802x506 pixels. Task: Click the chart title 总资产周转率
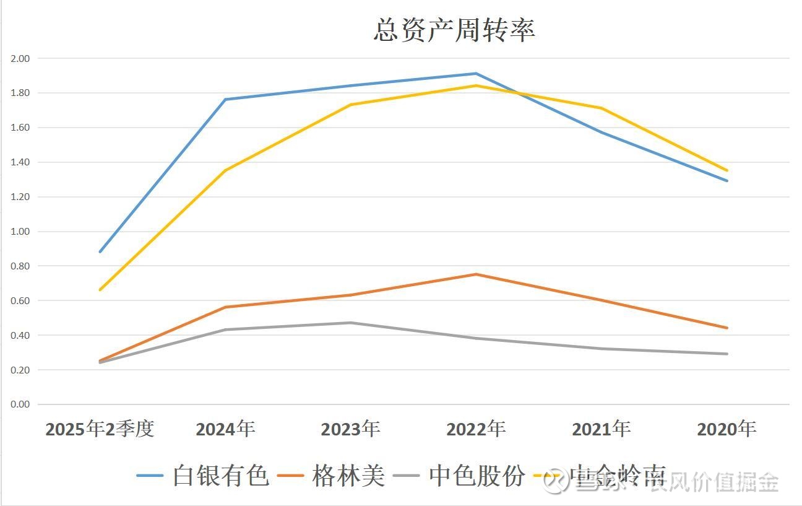pyautogui.click(x=454, y=30)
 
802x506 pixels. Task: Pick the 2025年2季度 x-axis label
pyautogui.click(x=100, y=429)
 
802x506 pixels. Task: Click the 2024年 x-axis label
pyautogui.click(x=225, y=429)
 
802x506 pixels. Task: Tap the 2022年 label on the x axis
pyautogui.click(x=476, y=429)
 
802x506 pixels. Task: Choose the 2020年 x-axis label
pyautogui.click(x=727, y=429)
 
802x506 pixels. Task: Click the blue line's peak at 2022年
pyautogui.click(x=476, y=74)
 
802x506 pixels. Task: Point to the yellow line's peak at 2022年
pyautogui.click(x=476, y=85)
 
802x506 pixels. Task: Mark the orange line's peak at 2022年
pyautogui.click(x=476, y=274)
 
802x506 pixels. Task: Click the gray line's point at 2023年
pyautogui.click(x=350, y=323)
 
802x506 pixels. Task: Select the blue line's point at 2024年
pyautogui.click(x=225, y=99)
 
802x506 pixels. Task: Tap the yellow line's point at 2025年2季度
pyautogui.click(x=100, y=290)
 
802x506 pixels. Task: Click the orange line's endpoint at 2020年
pyautogui.click(x=727, y=328)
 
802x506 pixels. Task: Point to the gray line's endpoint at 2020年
pyautogui.click(x=727, y=354)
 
